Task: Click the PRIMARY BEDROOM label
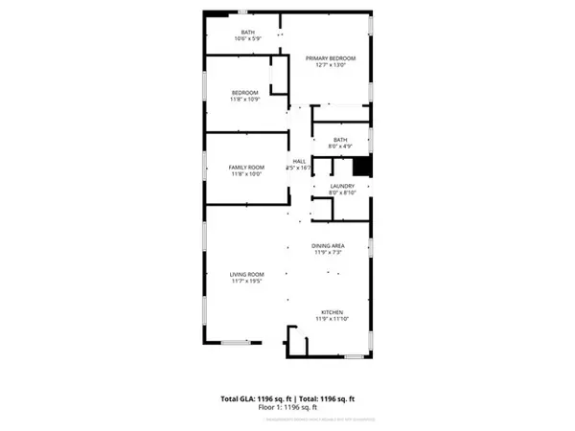tap(331, 58)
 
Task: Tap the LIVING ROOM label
tap(247, 274)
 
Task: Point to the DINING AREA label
tap(329, 246)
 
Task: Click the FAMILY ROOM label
tap(245, 167)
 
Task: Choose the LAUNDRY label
tap(343, 186)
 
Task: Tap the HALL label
tap(298, 160)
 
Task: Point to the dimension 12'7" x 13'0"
tap(331, 66)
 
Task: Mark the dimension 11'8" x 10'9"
tap(245, 99)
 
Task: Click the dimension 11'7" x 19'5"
tap(247, 282)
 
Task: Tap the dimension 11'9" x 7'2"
tap(329, 254)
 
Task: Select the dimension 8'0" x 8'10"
tap(343, 193)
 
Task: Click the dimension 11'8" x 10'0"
tap(245, 174)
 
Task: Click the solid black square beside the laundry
tap(375, 166)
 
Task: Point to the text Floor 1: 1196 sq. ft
tap(287, 408)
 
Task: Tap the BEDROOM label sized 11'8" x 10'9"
tap(245, 91)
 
